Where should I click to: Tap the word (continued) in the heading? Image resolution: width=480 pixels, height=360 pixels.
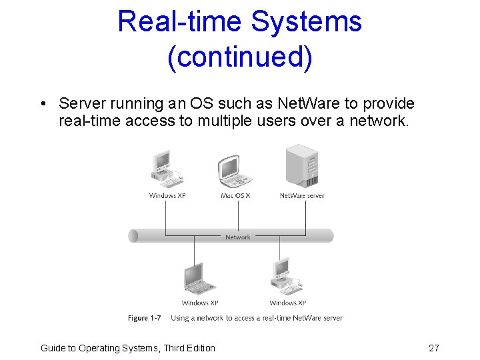click(x=240, y=57)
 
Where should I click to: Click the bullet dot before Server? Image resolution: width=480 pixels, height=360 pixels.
click(x=42, y=104)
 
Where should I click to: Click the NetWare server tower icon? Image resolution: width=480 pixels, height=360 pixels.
click(x=301, y=167)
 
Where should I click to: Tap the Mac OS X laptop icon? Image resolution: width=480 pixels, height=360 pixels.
click(x=235, y=172)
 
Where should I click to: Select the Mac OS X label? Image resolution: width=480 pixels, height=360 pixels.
click(x=235, y=195)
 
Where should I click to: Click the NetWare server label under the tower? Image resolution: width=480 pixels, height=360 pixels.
click(x=302, y=195)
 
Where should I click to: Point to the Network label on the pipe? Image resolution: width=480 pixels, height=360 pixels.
click(x=238, y=237)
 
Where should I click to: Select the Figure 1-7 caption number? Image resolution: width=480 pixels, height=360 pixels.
click(x=145, y=318)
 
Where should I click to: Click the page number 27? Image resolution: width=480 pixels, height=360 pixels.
click(x=433, y=348)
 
